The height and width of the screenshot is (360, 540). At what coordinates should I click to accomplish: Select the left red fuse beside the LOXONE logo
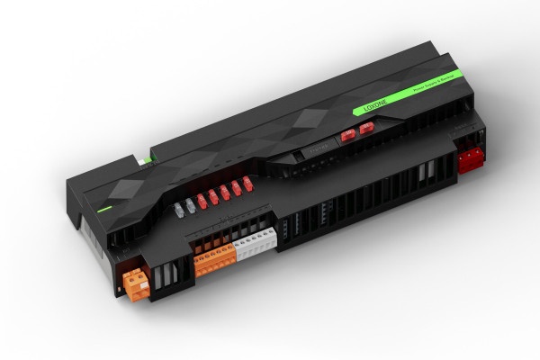pos(347,138)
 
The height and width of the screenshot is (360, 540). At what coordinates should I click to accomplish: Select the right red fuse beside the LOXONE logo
pos(364,130)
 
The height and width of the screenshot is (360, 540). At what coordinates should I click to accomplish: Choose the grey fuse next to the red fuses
pos(191,203)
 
